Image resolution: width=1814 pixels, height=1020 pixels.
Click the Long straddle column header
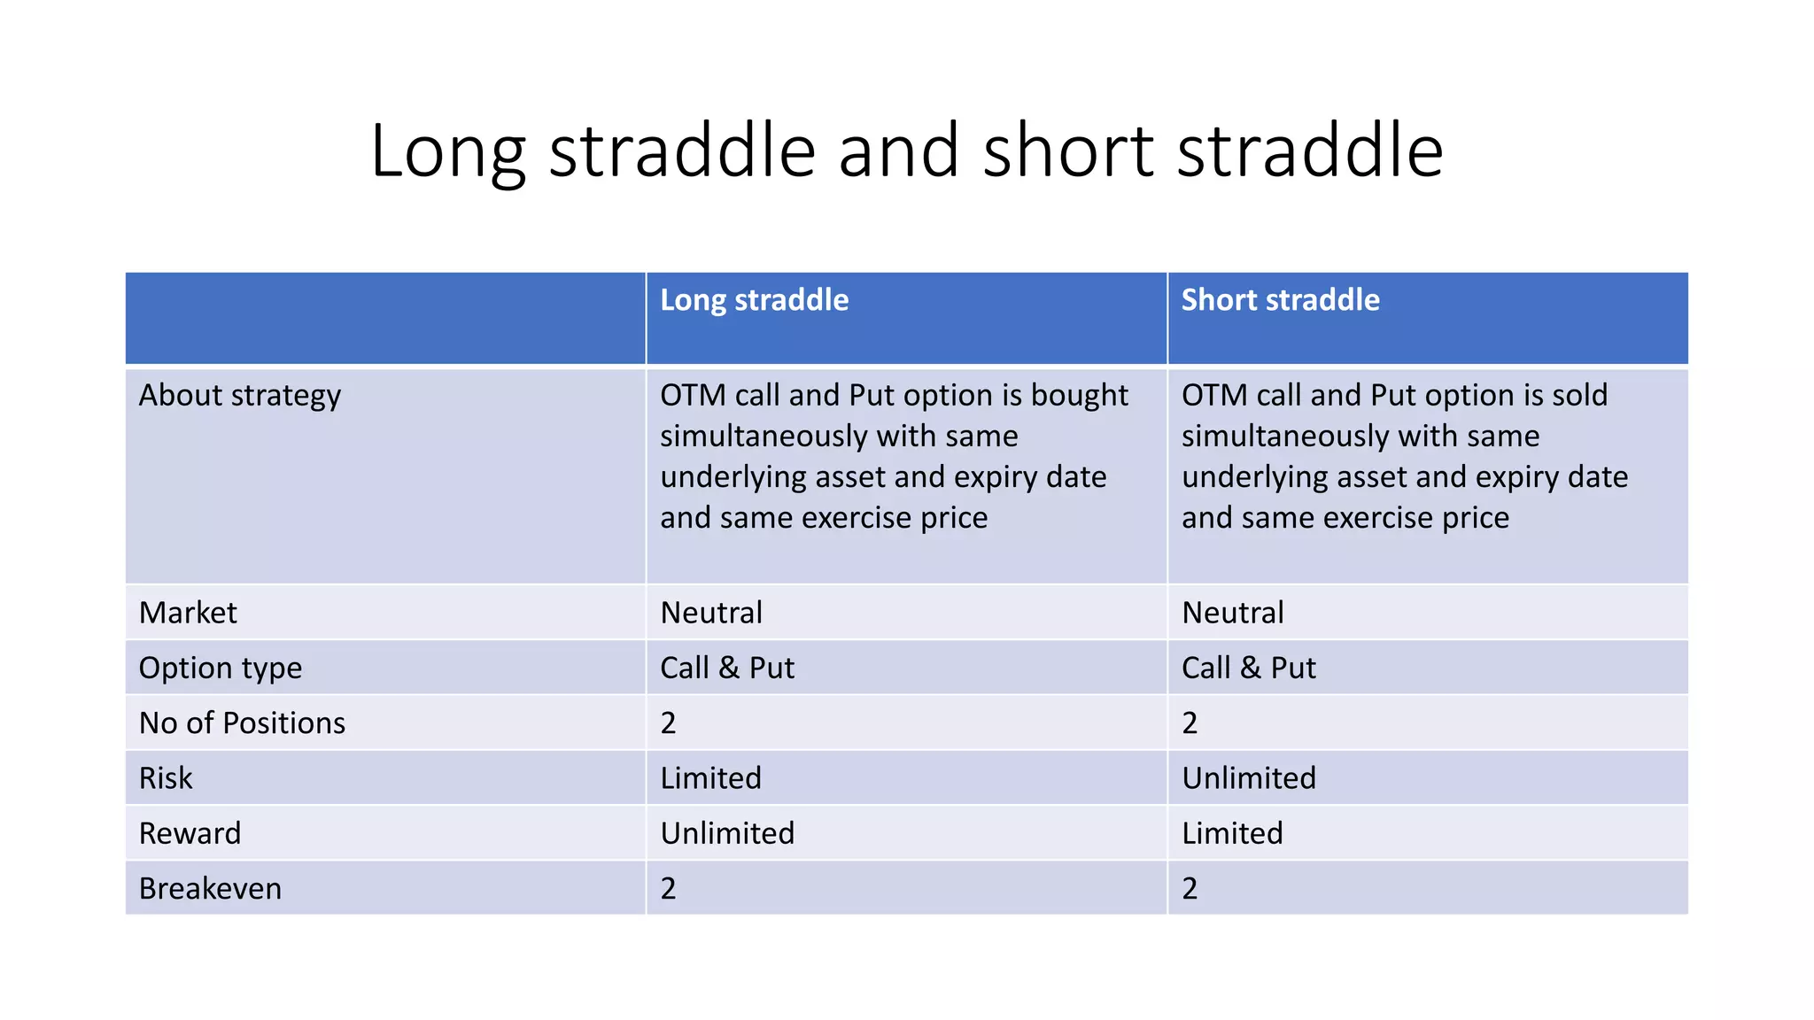[754, 300]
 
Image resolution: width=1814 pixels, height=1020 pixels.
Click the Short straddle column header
[1280, 300]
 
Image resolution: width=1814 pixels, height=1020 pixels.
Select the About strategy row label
[239, 395]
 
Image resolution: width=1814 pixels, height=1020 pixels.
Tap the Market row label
[188, 613]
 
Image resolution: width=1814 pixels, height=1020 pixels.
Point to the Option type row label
[220, 668]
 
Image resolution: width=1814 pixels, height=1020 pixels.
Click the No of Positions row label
[242, 723]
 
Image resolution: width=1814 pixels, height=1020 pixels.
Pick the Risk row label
[166, 778]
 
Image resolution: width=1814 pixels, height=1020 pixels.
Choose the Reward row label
[190, 833]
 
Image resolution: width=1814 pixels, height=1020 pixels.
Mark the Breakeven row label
[210, 888]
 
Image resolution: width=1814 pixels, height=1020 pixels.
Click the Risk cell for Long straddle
[710, 778]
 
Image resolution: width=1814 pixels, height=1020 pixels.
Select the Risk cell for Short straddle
[1249, 778]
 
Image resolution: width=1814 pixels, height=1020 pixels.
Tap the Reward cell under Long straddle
[727, 833]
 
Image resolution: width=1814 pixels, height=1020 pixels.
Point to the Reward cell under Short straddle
[1232, 833]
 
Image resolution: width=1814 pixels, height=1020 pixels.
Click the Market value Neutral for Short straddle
[1232, 613]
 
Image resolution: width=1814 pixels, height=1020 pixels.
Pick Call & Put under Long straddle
[727, 668]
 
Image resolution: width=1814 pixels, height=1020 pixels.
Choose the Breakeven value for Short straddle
[1190, 888]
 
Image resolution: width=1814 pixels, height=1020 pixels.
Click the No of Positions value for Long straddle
[668, 723]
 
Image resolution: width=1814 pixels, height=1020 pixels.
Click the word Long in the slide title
[448, 152]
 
